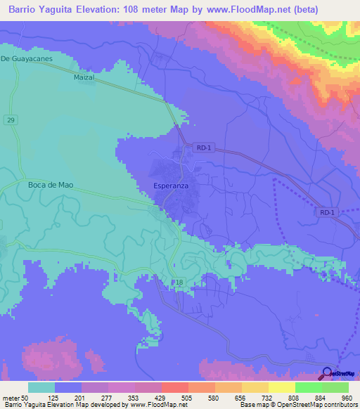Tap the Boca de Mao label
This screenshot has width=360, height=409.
coord(51,186)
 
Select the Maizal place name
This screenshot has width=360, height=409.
coord(84,78)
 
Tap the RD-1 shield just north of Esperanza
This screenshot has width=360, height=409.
coord(202,148)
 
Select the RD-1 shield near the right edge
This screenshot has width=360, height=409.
coord(328,212)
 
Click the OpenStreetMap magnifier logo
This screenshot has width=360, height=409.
coord(328,373)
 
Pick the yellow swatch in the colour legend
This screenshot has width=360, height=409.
coord(281,387)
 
